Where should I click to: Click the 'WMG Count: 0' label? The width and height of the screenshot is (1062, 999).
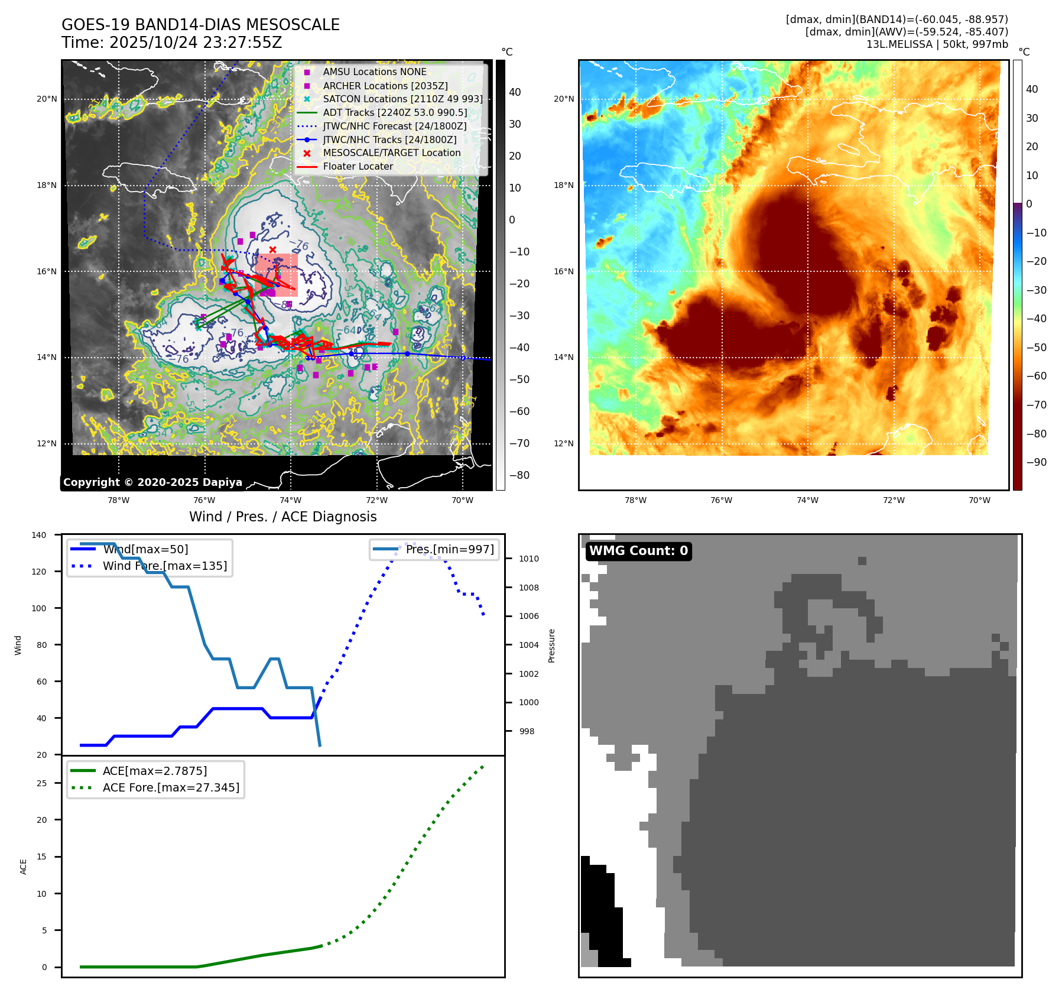638,551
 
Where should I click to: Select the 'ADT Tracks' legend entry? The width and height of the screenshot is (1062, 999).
395,112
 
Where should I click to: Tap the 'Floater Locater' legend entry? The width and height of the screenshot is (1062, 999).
358,166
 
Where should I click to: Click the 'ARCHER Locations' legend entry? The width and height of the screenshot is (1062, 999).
385,86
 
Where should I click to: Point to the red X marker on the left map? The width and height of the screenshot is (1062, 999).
272,249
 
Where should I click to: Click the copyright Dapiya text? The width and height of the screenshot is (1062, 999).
152,482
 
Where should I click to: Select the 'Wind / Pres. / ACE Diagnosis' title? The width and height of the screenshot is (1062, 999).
282,517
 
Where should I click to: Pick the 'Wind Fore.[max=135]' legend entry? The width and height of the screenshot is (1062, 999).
164,566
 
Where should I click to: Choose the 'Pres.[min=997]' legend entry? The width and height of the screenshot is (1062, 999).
449,549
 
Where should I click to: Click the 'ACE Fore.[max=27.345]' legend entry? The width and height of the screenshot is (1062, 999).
171,787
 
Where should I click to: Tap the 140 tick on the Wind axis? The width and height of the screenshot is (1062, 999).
39,535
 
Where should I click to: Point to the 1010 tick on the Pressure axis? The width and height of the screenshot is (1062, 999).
529,559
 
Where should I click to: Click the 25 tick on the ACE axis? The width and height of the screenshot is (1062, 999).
42,783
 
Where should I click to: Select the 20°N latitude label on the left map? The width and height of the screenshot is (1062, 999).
47,99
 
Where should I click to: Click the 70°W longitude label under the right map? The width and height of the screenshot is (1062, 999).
979,500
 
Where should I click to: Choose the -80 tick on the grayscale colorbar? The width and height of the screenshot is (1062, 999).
519,475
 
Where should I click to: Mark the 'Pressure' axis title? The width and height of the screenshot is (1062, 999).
551,646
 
